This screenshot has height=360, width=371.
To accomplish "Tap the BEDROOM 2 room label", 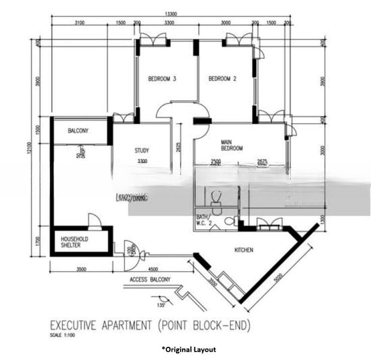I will [223, 79].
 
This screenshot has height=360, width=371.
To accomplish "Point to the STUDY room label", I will [142, 151].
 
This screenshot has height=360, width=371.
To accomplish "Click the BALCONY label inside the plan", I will [78, 131].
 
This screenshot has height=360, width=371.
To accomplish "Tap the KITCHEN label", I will [244, 250].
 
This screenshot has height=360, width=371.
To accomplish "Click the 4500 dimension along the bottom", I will [153, 269].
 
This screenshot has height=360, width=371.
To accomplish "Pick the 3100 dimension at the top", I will [80, 22].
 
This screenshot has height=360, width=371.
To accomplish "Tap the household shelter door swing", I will [94, 221].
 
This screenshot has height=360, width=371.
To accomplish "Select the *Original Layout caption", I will [188, 349].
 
